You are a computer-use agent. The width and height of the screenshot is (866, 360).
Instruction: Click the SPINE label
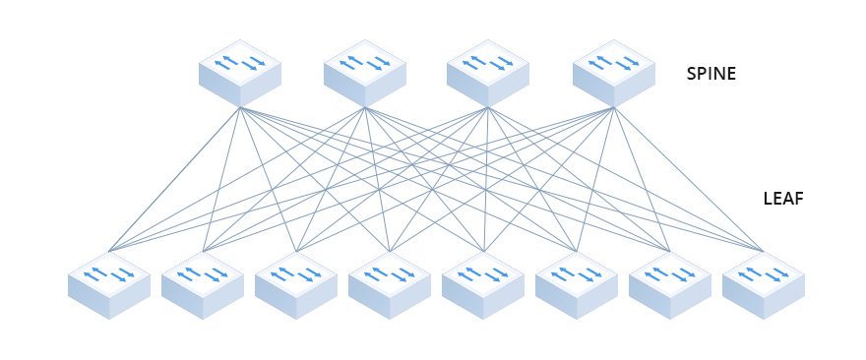(x=711, y=74)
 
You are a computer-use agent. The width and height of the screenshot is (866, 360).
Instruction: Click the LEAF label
(x=783, y=199)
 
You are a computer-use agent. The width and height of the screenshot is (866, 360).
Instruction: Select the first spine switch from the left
(x=240, y=74)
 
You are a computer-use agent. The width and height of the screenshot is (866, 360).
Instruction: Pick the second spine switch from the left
(x=365, y=74)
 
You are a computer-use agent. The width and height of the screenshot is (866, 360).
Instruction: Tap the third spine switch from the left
(x=488, y=74)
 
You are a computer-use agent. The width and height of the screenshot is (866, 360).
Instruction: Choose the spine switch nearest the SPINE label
(x=614, y=74)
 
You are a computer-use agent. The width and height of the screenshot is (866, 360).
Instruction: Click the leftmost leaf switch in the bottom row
(x=109, y=284)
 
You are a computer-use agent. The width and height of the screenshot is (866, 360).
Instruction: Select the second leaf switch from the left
(x=203, y=284)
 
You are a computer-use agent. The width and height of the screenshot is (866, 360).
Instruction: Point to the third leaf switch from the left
(x=296, y=284)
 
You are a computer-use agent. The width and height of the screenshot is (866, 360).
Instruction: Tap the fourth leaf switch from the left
(x=390, y=284)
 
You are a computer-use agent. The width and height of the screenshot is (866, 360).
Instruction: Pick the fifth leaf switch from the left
(x=483, y=284)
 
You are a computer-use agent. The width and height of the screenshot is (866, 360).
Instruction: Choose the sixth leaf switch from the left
(x=577, y=284)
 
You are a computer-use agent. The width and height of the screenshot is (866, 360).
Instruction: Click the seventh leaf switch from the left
(x=670, y=284)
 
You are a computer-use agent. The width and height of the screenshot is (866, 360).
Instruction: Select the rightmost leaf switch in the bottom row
(x=764, y=284)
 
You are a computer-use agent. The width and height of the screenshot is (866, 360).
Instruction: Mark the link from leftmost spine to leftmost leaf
(x=174, y=179)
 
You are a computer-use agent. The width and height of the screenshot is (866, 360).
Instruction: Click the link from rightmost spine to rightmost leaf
(x=689, y=179)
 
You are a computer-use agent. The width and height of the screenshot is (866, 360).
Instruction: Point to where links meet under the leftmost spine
(x=240, y=108)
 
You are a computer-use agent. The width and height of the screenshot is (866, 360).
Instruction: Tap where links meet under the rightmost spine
(x=614, y=108)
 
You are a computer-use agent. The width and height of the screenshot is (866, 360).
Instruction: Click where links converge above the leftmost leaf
(x=109, y=251)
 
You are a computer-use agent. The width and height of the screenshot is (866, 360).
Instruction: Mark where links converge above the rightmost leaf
(x=763, y=251)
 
